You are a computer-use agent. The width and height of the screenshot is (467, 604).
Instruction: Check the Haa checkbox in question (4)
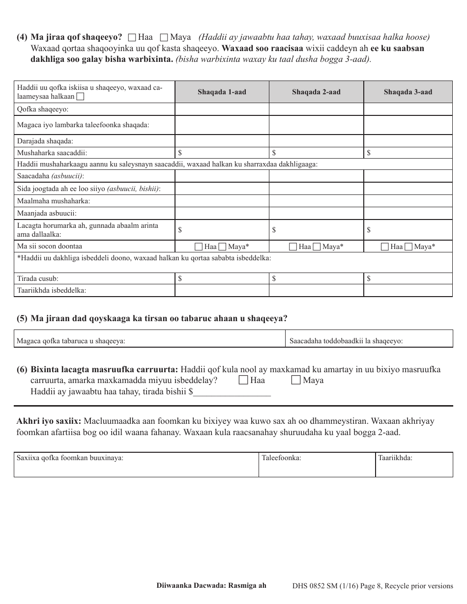[x=132, y=37]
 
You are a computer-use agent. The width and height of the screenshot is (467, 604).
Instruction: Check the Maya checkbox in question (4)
[x=164, y=37]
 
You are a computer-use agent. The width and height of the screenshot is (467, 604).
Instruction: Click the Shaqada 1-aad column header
[x=222, y=92]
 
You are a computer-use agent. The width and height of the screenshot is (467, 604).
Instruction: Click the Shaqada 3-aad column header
[x=408, y=92]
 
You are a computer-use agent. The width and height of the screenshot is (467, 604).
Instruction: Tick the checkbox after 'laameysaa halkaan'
[x=80, y=97]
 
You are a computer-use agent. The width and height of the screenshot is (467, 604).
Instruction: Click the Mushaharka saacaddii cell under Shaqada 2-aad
[x=316, y=153]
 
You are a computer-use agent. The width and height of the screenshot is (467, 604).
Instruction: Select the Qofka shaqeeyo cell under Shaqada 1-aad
[x=222, y=109]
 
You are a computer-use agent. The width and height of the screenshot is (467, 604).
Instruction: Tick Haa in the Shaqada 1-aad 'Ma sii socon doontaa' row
[x=199, y=247]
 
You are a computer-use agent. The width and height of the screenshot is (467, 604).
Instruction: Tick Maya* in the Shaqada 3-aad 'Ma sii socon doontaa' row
[x=408, y=247]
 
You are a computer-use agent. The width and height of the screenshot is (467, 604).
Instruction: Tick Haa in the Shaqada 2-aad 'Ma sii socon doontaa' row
[x=292, y=247]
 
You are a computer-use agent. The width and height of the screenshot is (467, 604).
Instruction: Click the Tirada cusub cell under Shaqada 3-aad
[x=408, y=278]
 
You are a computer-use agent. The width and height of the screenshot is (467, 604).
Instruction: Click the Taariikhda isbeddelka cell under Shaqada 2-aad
[x=316, y=290]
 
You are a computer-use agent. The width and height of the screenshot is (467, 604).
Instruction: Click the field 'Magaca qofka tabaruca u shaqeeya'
[x=149, y=339]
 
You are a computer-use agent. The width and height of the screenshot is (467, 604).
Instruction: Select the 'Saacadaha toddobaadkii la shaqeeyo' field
[x=369, y=339]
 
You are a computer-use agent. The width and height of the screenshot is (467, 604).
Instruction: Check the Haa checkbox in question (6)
[x=243, y=380]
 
